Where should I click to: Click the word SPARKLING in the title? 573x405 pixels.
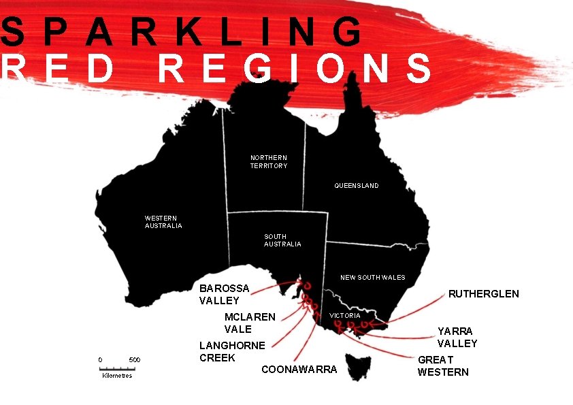point(182,32)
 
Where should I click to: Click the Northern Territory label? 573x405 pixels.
point(269,162)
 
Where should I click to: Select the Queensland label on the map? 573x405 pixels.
point(357,186)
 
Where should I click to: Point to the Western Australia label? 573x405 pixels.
point(163,222)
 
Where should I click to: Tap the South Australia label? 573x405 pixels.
point(282,240)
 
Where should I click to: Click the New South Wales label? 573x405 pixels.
point(372,278)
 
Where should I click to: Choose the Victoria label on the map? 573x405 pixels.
point(345,316)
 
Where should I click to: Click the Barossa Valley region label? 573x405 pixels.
point(224,295)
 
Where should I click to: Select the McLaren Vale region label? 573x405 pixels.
point(250,323)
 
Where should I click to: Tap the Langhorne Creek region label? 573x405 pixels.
point(232,352)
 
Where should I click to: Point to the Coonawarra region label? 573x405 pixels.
point(299,370)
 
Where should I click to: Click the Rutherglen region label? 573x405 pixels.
point(483,294)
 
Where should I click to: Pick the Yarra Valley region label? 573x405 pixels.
point(457,338)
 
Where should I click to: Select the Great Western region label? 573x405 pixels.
point(443,366)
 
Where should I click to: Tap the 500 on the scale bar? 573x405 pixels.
point(135,360)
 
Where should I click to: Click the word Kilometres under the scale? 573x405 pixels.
point(117,376)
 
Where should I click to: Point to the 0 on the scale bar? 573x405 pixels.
point(100,360)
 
